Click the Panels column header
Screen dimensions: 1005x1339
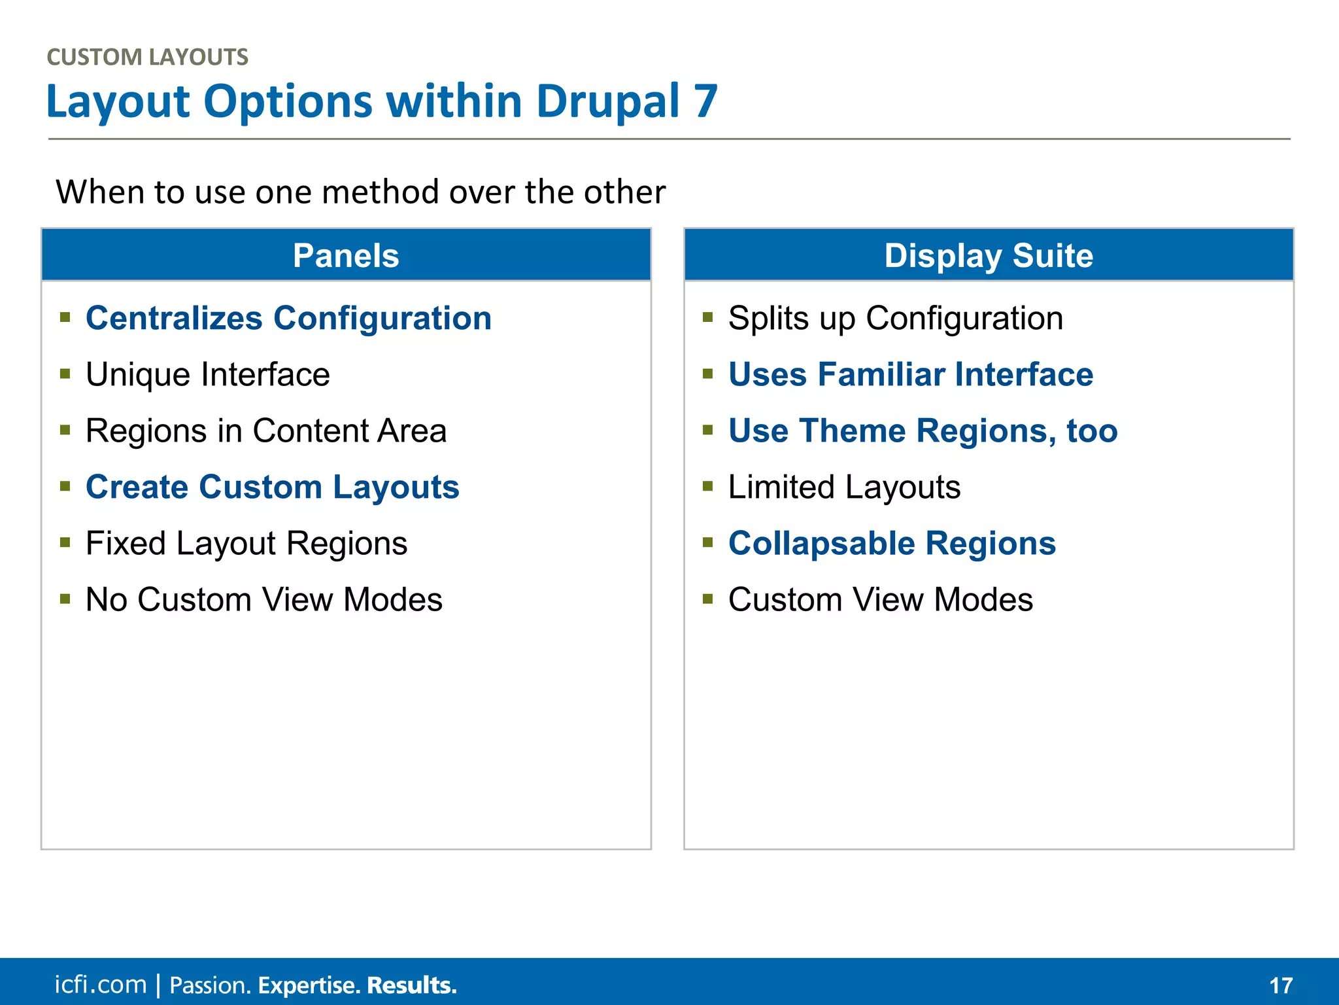[x=346, y=255]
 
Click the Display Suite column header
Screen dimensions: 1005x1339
[x=988, y=255]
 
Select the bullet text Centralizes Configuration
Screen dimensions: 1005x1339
[x=288, y=319]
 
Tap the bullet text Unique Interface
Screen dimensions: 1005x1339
[x=208, y=375]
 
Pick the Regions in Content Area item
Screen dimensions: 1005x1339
[x=266, y=431]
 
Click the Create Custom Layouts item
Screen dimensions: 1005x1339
[x=272, y=487]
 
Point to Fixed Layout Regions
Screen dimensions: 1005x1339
[x=246, y=544]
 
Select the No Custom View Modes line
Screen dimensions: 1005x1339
[x=264, y=600]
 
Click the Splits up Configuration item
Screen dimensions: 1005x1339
[x=895, y=319]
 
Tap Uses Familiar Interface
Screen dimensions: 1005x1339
[x=910, y=375]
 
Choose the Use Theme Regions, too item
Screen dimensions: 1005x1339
[x=923, y=431]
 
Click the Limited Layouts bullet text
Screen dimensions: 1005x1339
[x=844, y=487]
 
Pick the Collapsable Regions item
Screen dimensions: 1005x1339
[x=892, y=544]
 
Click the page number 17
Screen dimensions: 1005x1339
[x=1281, y=985]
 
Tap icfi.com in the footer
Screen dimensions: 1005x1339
[x=100, y=985]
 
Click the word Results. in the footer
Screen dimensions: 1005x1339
[x=411, y=985]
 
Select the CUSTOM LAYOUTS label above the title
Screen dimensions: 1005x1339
[x=148, y=58]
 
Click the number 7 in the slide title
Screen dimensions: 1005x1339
[x=706, y=102]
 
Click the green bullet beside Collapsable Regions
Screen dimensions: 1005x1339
[x=707, y=542]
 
